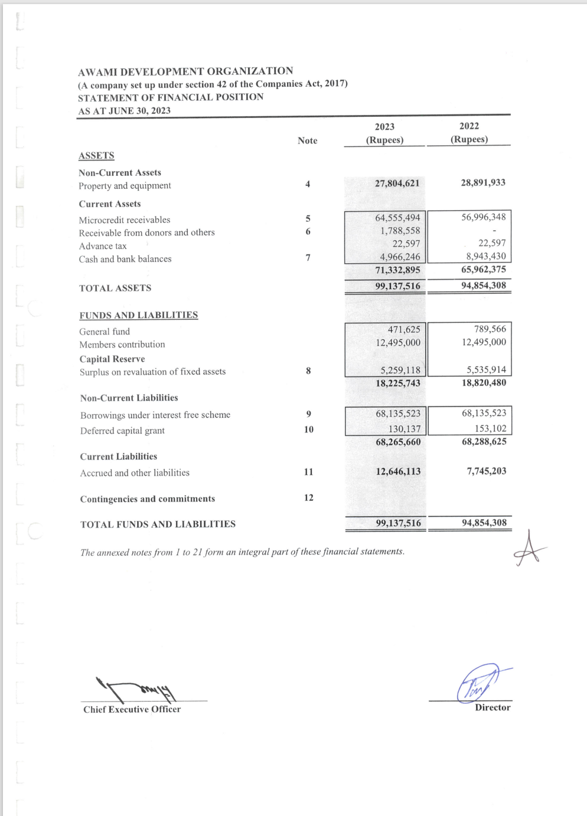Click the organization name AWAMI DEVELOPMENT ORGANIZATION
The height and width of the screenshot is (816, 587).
click(185, 71)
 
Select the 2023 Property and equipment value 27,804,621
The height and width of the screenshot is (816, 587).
click(397, 183)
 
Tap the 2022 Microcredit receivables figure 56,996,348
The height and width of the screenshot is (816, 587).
click(483, 217)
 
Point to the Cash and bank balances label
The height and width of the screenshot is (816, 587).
click(125, 259)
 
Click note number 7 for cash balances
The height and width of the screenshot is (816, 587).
click(308, 258)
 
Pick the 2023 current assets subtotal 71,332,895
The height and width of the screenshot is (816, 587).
click(397, 270)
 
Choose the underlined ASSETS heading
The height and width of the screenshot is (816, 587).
click(96, 156)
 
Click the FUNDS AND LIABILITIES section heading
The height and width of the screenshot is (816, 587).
click(139, 315)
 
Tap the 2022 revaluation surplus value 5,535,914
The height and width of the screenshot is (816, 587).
click(486, 370)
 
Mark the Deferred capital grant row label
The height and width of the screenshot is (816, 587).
click(122, 431)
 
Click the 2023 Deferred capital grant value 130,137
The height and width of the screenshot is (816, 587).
click(405, 429)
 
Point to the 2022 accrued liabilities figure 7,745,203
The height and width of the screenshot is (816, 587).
click(486, 471)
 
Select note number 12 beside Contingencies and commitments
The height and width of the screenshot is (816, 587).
click(308, 497)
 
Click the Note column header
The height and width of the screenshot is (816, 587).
click(307, 140)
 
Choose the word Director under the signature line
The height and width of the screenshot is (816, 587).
click(493, 707)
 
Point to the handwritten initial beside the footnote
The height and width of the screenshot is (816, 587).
click(529, 549)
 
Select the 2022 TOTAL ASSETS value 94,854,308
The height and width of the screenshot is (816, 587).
click(484, 286)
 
